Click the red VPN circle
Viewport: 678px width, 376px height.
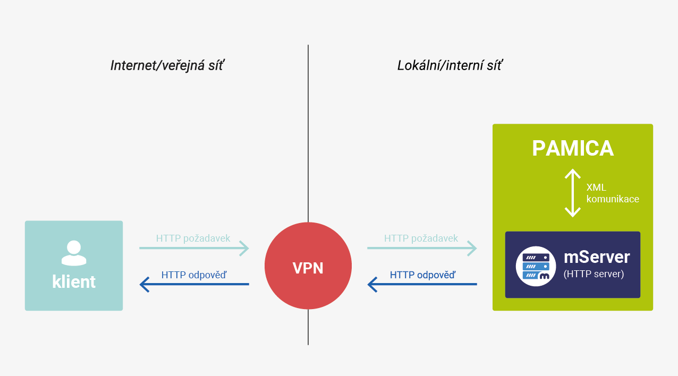308,266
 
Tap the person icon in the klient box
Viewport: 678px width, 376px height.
74,253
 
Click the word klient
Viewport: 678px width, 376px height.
74,281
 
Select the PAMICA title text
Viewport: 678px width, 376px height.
573,148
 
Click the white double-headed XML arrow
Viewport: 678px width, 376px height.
573,193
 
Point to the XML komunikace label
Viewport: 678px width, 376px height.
613,193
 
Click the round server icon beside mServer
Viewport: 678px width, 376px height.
536,266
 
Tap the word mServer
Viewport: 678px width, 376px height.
597,257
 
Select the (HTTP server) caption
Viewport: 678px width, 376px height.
594,274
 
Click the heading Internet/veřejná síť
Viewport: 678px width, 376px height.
167,66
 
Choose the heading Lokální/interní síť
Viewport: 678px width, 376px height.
450,66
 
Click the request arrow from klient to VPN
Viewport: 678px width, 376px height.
194,249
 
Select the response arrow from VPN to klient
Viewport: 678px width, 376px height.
194,284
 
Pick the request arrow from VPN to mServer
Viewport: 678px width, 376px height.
422,249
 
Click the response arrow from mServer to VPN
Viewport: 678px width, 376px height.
422,284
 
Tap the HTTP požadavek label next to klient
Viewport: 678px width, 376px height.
193,238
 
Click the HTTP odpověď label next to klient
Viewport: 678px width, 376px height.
194,275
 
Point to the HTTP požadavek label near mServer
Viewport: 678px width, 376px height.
421,238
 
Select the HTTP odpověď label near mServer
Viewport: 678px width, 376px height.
423,275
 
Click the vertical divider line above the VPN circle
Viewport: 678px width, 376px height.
308,133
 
